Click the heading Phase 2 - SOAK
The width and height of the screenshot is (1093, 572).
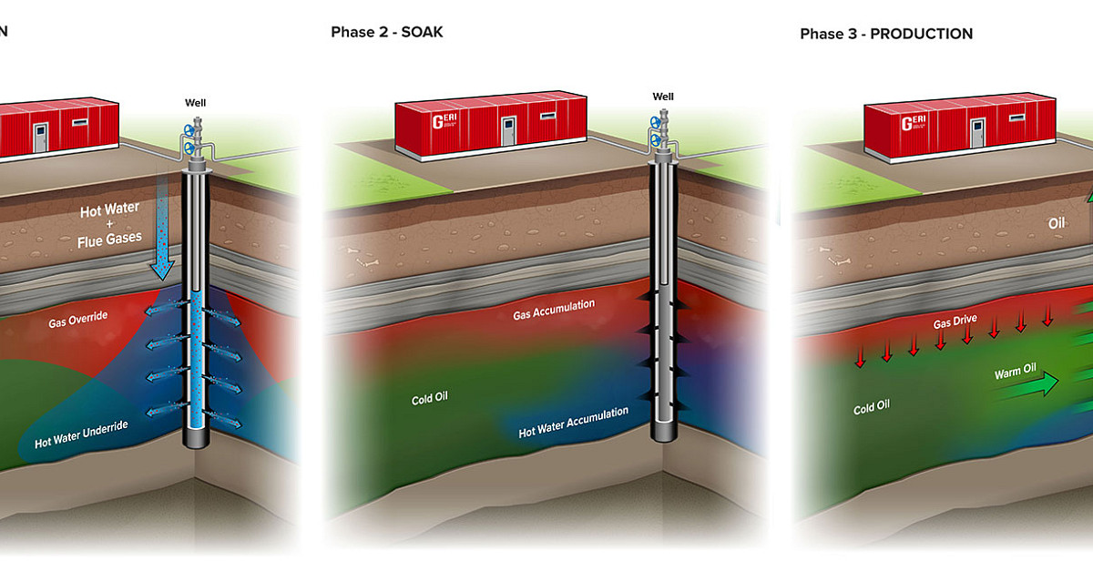(387, 33)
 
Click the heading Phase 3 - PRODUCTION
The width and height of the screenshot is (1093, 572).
(886, 34)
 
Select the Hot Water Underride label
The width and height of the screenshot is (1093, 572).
(80, 434)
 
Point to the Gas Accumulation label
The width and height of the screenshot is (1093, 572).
(554, 310)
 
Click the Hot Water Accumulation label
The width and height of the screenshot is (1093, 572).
(573, 423)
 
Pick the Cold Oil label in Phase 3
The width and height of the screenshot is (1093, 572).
(871, 407)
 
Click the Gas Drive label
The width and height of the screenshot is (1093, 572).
(955, 324)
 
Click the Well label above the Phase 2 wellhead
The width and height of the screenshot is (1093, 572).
(663, 97)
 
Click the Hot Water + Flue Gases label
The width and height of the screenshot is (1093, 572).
(109, 223)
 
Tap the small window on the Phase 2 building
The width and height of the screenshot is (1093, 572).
(547, 117)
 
